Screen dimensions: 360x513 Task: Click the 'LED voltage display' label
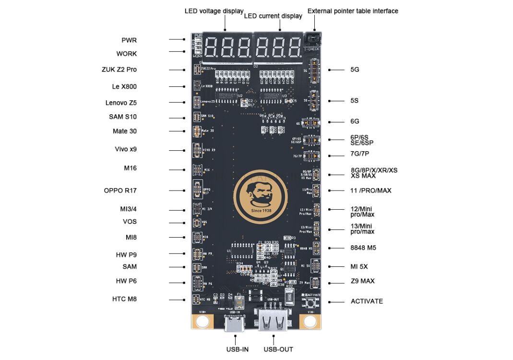point(214,11)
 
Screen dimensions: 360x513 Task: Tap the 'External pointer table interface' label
point(352,11)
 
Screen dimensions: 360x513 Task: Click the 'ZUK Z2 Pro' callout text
point(119,70)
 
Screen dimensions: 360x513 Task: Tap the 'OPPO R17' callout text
point(120,191)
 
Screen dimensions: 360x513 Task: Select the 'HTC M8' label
point(124,299)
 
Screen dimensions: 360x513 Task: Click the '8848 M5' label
point(363,248)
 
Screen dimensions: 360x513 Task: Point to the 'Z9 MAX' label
point(362,281)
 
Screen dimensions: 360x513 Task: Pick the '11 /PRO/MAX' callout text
point(371,191)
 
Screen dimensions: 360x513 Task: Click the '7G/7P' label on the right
point(359,154)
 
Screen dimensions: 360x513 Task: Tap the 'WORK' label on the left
point(126,54)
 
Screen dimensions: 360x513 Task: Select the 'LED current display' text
point(273,16)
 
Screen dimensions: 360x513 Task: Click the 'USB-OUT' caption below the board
point(278,349)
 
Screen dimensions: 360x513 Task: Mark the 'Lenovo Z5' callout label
point(121,103)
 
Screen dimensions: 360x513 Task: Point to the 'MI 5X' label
point(359,266)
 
